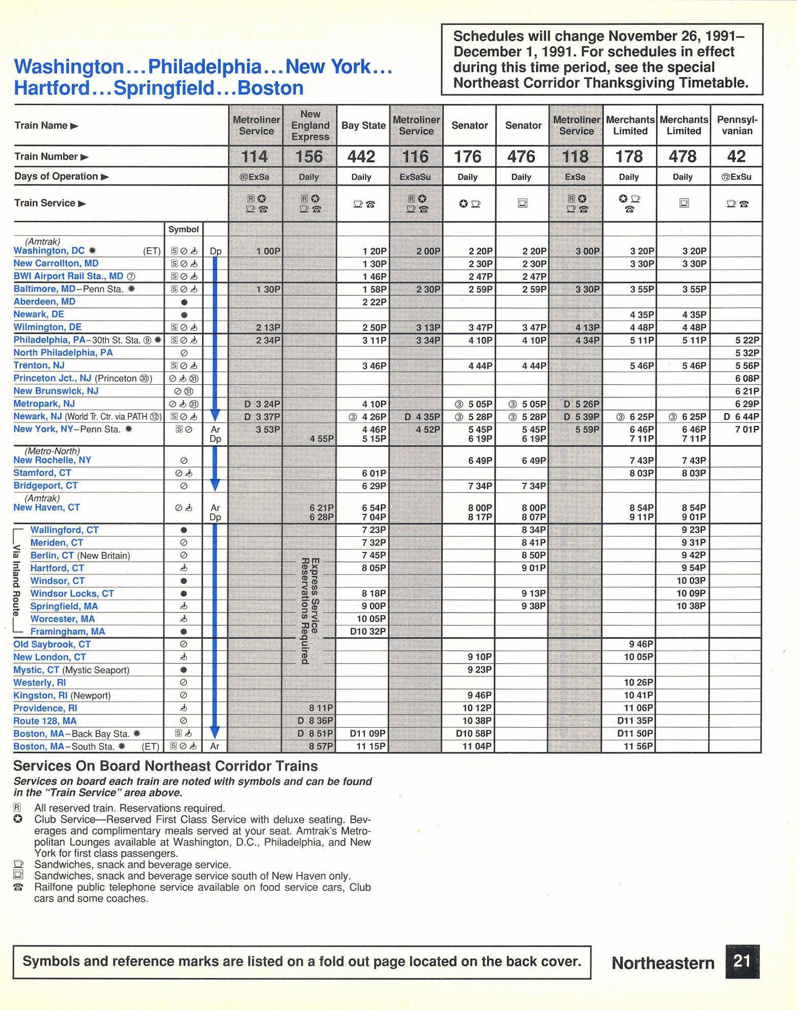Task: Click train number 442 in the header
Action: (361, 157)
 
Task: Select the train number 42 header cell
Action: (736, 157)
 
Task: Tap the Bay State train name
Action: (363, 125)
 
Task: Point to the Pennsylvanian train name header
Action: (737, 125)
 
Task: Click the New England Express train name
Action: (310, 125)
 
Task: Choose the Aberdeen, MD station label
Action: (44, 302)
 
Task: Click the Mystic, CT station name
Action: (36, 670)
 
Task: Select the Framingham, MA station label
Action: (68, 632)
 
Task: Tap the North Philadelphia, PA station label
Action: (63, 353)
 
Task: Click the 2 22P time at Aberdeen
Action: (374, 302)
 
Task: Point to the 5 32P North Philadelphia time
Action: (747, 353)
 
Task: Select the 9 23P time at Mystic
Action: (480, 670)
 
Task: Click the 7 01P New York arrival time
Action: (747, 429)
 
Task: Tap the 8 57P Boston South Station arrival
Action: (322, 746)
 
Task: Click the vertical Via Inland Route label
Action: (17, 581)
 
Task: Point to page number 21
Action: (743, 961)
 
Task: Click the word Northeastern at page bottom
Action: (663, 963)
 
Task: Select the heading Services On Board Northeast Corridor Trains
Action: (165, 766)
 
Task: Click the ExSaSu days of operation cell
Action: (416, 177)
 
